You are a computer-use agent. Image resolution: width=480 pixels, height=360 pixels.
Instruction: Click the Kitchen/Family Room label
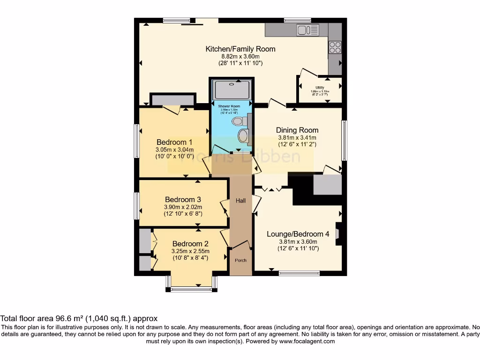(240, 49)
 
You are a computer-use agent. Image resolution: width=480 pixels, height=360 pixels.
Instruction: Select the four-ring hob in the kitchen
(335, 47)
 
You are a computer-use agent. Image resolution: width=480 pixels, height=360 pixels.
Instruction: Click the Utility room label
(320, 88)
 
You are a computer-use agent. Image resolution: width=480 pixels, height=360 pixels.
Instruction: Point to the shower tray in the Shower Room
(232, 89)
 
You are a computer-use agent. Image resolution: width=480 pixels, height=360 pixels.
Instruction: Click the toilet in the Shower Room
(238, 121)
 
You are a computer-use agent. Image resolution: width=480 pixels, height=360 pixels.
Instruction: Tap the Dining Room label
(297, 130)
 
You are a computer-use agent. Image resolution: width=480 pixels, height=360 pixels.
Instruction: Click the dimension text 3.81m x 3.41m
(297, 138)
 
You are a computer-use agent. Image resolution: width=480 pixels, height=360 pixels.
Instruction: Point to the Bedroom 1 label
(174, 142)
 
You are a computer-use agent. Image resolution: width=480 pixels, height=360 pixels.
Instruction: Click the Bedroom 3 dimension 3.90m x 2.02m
(183, 207)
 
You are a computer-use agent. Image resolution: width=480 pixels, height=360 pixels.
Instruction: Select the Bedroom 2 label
(190, 243)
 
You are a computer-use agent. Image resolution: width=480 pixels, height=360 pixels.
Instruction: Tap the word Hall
(240, 201)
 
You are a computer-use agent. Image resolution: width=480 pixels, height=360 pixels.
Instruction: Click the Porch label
(240, 260)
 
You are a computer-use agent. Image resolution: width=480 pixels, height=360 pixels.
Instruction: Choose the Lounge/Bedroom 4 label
(298, 234)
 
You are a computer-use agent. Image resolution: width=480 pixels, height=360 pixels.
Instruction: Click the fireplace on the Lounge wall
(339, 233)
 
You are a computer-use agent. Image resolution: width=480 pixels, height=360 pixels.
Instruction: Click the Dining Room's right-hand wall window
(344, 140)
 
